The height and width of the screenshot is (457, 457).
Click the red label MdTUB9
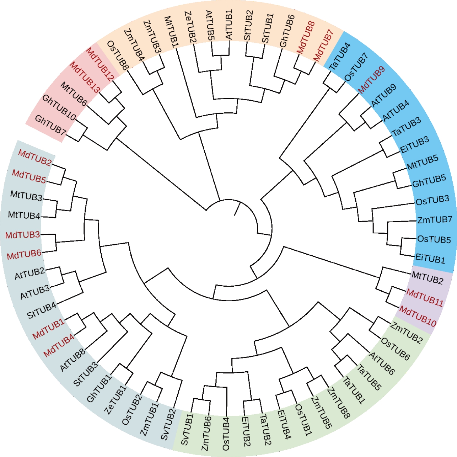point(371,80)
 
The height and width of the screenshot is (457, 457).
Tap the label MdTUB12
point(100,64)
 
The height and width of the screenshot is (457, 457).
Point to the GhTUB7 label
point(50,126)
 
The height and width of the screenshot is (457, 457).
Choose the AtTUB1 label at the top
point(229,24)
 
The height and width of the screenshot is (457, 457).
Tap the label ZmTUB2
point(406,333)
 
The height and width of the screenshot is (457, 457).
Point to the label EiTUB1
point(430,258)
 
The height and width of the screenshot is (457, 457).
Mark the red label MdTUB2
point(35,157)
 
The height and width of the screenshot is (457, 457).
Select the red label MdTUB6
point(24,255)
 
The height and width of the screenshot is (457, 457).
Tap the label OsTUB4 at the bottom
point(226,434)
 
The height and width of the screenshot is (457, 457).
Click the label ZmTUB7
point(435,220)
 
